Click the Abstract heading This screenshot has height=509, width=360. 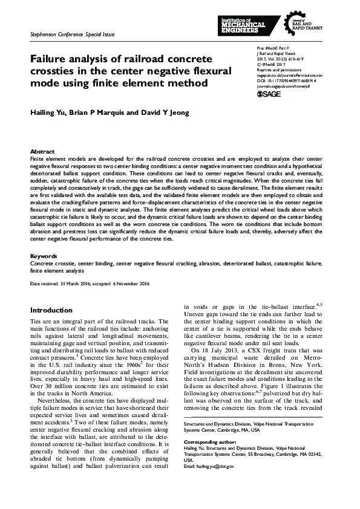pos(42,151)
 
